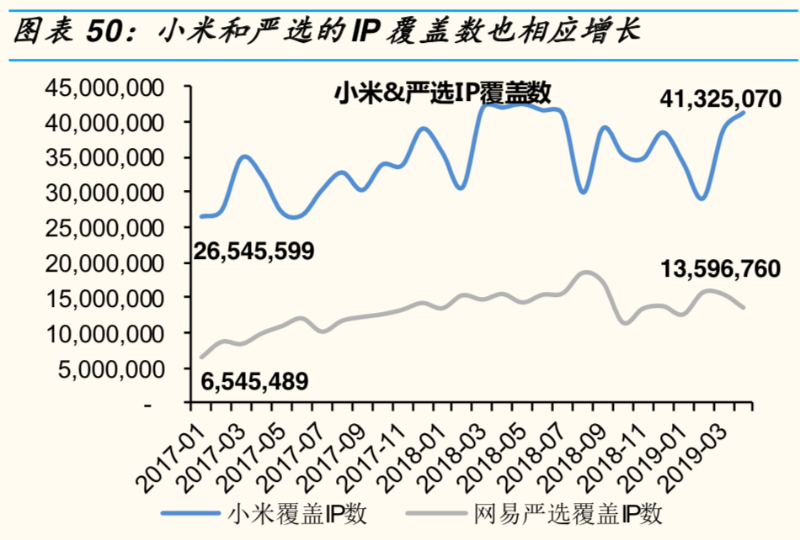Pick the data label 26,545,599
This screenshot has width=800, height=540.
[x=254, y=251]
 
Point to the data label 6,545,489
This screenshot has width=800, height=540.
[x=254, y=382]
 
